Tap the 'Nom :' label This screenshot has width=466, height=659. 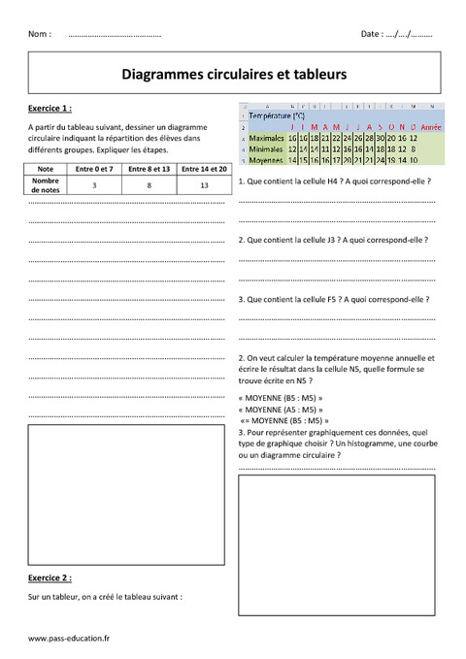point(40,34)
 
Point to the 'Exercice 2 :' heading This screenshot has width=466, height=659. point(50,577)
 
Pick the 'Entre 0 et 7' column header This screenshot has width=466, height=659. point(94,169)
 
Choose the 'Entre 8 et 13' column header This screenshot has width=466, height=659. point(150,169)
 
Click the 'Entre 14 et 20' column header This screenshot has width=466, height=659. point(204,169)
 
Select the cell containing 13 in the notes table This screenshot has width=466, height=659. point(204,183)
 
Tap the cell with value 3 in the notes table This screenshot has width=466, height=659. point(94,183)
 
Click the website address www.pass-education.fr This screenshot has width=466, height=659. point(70,638)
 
